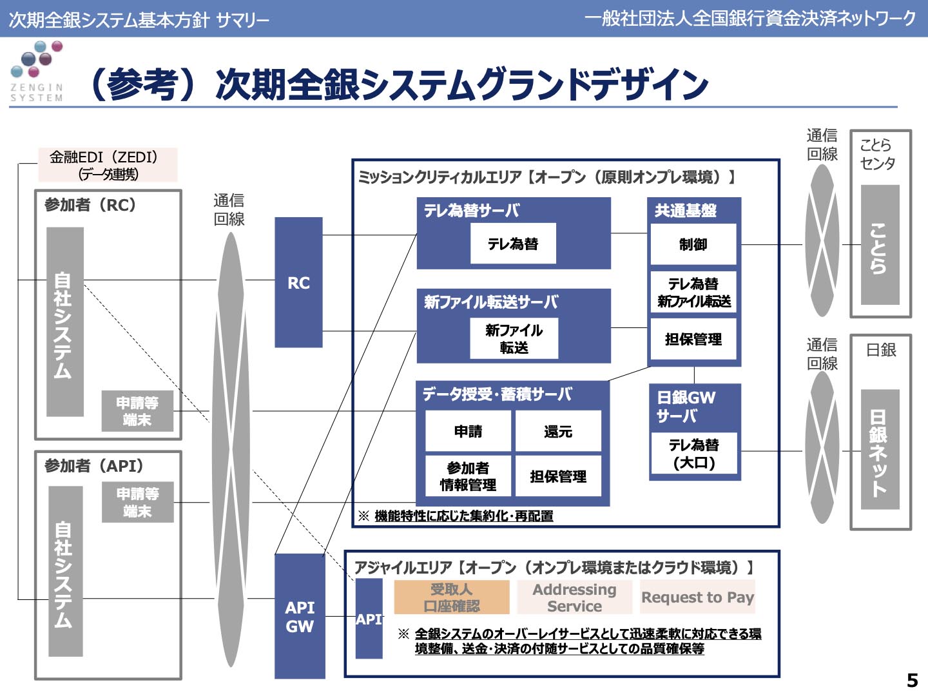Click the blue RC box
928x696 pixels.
click(x=298, y=282)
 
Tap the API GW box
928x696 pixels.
click(x=300, y=616)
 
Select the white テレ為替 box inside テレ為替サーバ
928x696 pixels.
click(x=513, y=244)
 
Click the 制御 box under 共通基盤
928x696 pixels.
click(x=693, y=244)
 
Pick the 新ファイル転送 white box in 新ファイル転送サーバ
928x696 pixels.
click(x=514, y=339)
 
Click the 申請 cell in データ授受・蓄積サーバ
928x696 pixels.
click(x=468, y=431)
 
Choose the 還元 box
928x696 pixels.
click(x=558, y=431)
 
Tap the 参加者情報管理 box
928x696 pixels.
click(x=468, y=476)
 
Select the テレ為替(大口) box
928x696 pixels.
click(x=694, y=454)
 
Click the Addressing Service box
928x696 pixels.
click(x=574, y=597)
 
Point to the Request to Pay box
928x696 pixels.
click(x=697, y=597)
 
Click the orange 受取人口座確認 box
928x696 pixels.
click(x=451, y=597)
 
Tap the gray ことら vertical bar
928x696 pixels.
click(x=880, y=245)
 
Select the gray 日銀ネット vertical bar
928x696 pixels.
click(x=880, y=449)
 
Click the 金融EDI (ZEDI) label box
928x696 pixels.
click(x=108, y=165)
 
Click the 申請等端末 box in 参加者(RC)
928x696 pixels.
click(x=137, y=411)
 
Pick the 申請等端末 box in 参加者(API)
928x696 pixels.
click(x=137, y=502)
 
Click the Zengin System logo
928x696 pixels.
click(x=37, y=71)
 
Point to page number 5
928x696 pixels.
click(x=912, y=680)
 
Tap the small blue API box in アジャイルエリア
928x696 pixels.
click(x=369, y=619)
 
